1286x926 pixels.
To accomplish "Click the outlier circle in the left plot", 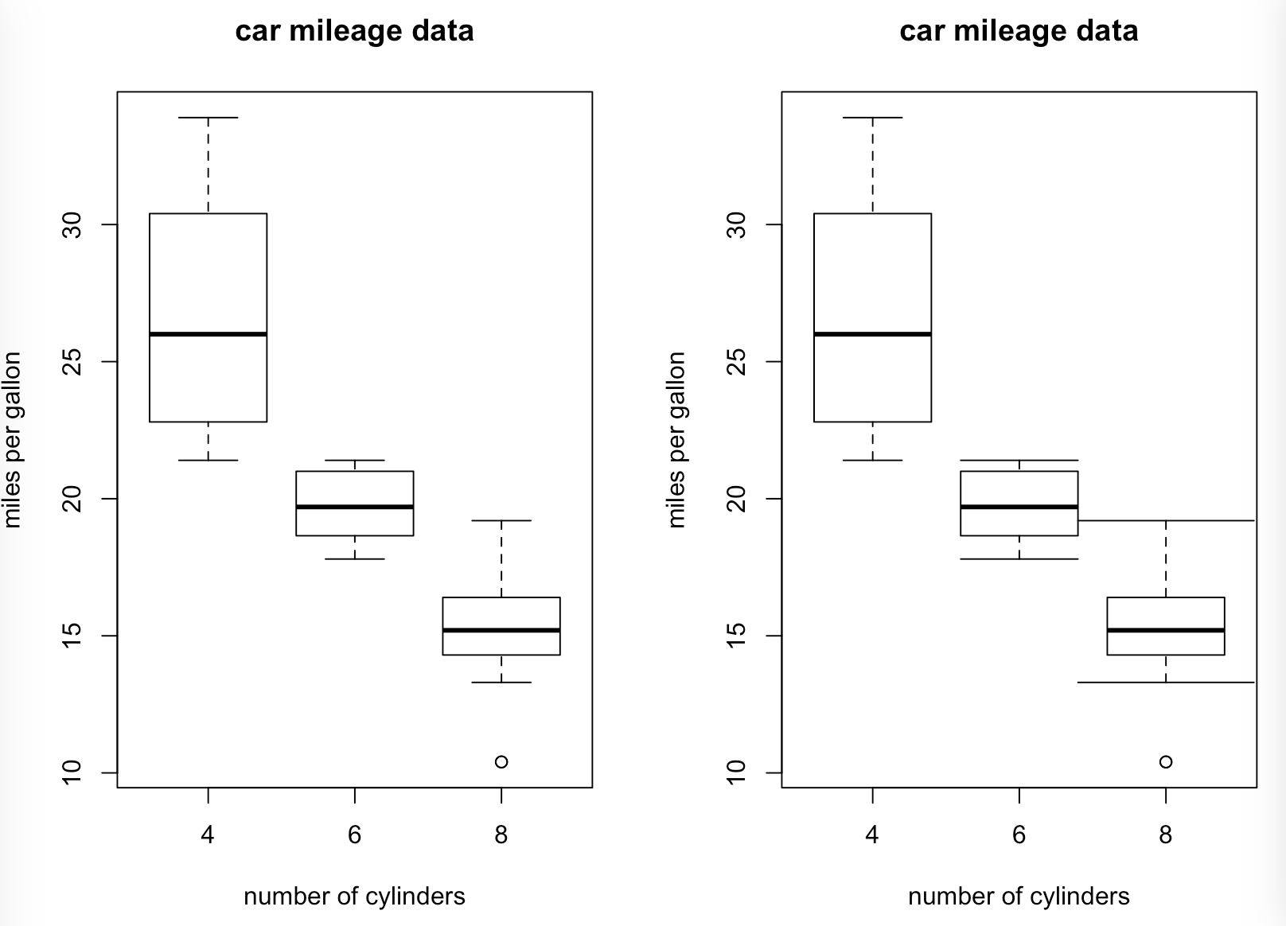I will pos(501,762).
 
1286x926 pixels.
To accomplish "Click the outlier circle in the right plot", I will pos(1166,762).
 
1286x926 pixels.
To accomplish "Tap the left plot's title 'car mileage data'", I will pos(354,31).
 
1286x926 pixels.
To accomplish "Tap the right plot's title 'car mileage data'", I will pos(1019,31).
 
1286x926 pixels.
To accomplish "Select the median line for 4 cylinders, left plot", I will pos(208,334).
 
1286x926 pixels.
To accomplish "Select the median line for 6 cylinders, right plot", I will pos(1019,507).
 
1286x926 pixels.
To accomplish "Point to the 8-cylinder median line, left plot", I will pos(501,630).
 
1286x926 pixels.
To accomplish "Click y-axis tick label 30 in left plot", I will pos(72,224).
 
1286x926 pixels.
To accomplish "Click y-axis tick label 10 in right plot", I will pos(737,772).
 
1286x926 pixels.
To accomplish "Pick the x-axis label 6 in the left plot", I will pos(354,835).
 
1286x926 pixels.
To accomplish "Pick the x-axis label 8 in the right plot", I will pos(1166,835).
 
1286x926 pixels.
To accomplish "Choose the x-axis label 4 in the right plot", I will pos(872,835).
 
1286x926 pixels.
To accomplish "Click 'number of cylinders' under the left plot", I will pos(354,897).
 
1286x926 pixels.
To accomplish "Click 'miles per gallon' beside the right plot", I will pos(676,439).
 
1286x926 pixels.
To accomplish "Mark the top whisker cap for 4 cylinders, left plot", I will pos(208,118).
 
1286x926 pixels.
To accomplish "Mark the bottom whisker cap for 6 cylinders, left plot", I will pos(354,559).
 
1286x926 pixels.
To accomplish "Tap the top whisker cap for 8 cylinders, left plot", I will pos(501,520).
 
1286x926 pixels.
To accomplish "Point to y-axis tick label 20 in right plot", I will pos(737,499).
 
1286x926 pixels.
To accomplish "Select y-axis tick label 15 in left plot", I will pos(72,636).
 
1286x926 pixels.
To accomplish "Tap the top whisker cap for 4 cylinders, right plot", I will pos(872,118).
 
